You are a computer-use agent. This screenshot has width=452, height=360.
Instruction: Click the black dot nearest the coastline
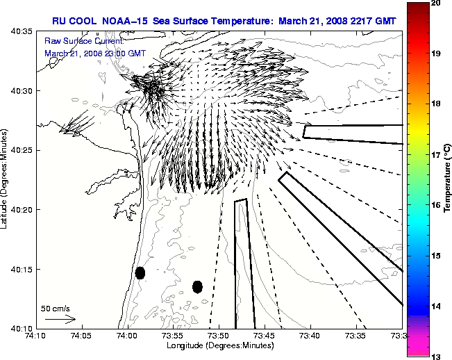pyautogui.click(x=140, y=272)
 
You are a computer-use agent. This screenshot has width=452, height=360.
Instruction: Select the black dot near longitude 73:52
pyautogui.click(x=197, y=286)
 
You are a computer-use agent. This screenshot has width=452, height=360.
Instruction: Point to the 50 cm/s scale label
pyautogui.click(x=56, y=309)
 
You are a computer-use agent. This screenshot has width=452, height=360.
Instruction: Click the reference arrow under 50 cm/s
pyautogui.click(x=60, y=319)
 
